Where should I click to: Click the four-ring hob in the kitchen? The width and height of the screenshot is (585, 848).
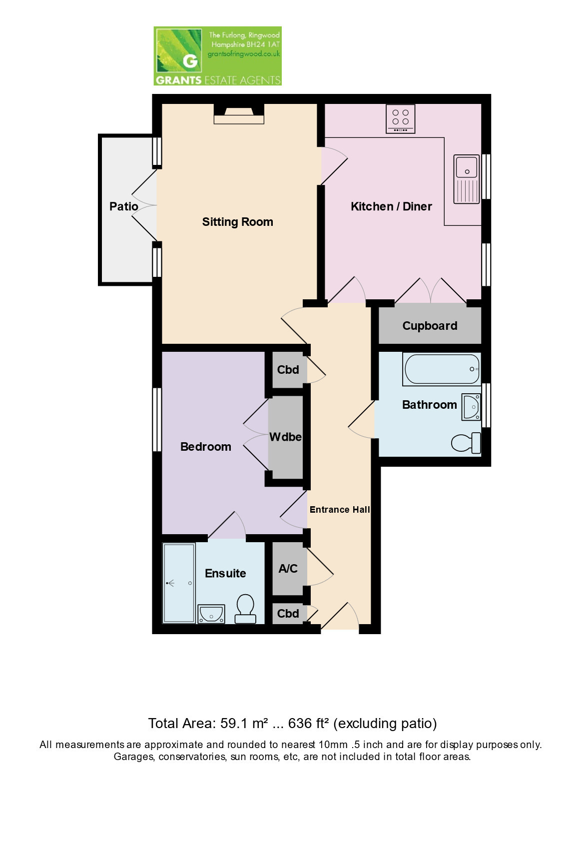click(400, 119)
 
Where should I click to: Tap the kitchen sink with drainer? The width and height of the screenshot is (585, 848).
click(467, 179)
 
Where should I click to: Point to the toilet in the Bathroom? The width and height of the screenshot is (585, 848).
click(466, 442)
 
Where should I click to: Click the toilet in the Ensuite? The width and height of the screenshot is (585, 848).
click(245, 609)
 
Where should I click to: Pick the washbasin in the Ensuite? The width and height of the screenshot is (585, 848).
click(211, 614)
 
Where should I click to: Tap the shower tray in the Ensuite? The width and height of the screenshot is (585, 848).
click(179, 583)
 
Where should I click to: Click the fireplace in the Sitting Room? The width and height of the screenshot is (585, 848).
click(239, 114)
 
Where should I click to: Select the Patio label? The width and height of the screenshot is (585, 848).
click(124, 206)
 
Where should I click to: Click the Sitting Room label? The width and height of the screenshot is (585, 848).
click(238, 222)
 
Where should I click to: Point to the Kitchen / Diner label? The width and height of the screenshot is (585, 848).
click(391, 206)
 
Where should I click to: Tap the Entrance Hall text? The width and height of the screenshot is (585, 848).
click(340, 510)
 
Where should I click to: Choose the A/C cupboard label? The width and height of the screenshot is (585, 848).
click(288, 568)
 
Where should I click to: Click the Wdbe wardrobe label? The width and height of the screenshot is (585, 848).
click(285, 437)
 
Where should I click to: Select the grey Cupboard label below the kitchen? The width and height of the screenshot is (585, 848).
click(430, 326)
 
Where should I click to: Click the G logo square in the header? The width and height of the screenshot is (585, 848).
click(178, 50)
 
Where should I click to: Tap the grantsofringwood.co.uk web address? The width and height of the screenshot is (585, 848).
click(244, 54)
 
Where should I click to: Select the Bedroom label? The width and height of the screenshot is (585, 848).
click(205, 447)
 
